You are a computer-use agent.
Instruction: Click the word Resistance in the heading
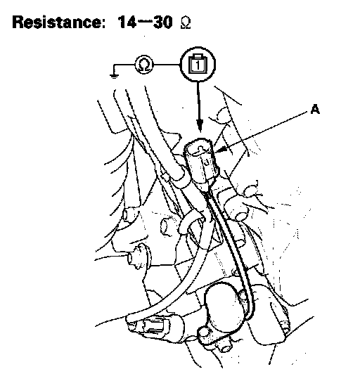56,22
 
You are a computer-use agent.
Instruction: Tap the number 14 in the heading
127,22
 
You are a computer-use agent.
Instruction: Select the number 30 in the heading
163,22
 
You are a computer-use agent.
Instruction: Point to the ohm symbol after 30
186,24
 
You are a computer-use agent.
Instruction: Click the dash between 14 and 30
144,22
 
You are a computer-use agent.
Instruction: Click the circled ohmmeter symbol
144,65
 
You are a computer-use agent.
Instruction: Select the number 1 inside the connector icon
198,65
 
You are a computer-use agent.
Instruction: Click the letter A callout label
315,110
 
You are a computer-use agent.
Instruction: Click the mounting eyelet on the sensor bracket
205,334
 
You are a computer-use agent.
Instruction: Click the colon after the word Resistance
102,24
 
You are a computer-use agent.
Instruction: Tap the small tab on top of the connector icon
198,56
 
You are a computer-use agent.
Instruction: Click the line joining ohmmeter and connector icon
167,65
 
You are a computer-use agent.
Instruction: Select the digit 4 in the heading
130,22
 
